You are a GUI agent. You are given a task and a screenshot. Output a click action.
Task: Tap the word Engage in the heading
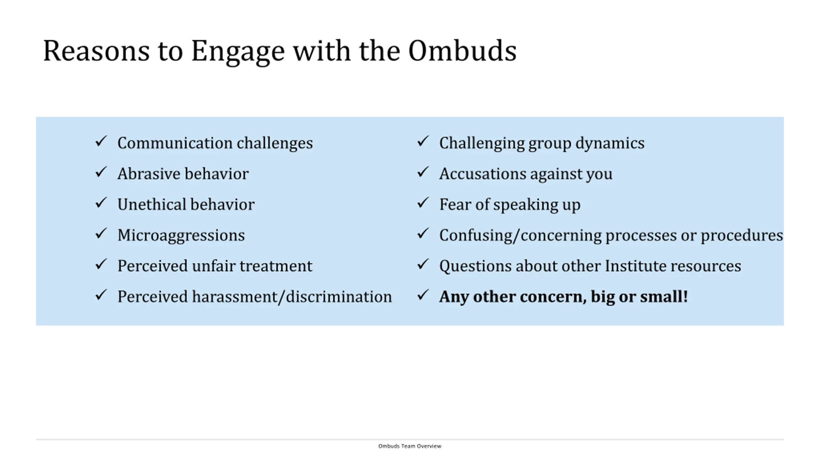coord(238,53)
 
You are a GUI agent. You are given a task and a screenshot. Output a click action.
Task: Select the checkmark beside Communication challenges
coord(101,141)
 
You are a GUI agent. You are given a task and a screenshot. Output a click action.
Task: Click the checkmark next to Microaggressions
coord(101,233)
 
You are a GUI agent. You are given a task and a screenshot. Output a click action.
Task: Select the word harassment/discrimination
coord(292,297)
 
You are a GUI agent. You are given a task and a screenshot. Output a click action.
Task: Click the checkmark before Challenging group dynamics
coord(423,141)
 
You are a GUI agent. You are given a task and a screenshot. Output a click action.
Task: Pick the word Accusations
coord(483,174)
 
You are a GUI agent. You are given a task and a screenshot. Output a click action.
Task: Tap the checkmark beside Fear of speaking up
coord(423,203)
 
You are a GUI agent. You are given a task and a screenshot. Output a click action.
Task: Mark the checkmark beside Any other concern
coord(423,295)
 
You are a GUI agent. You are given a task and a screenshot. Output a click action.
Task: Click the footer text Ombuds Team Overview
coord(410,446)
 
